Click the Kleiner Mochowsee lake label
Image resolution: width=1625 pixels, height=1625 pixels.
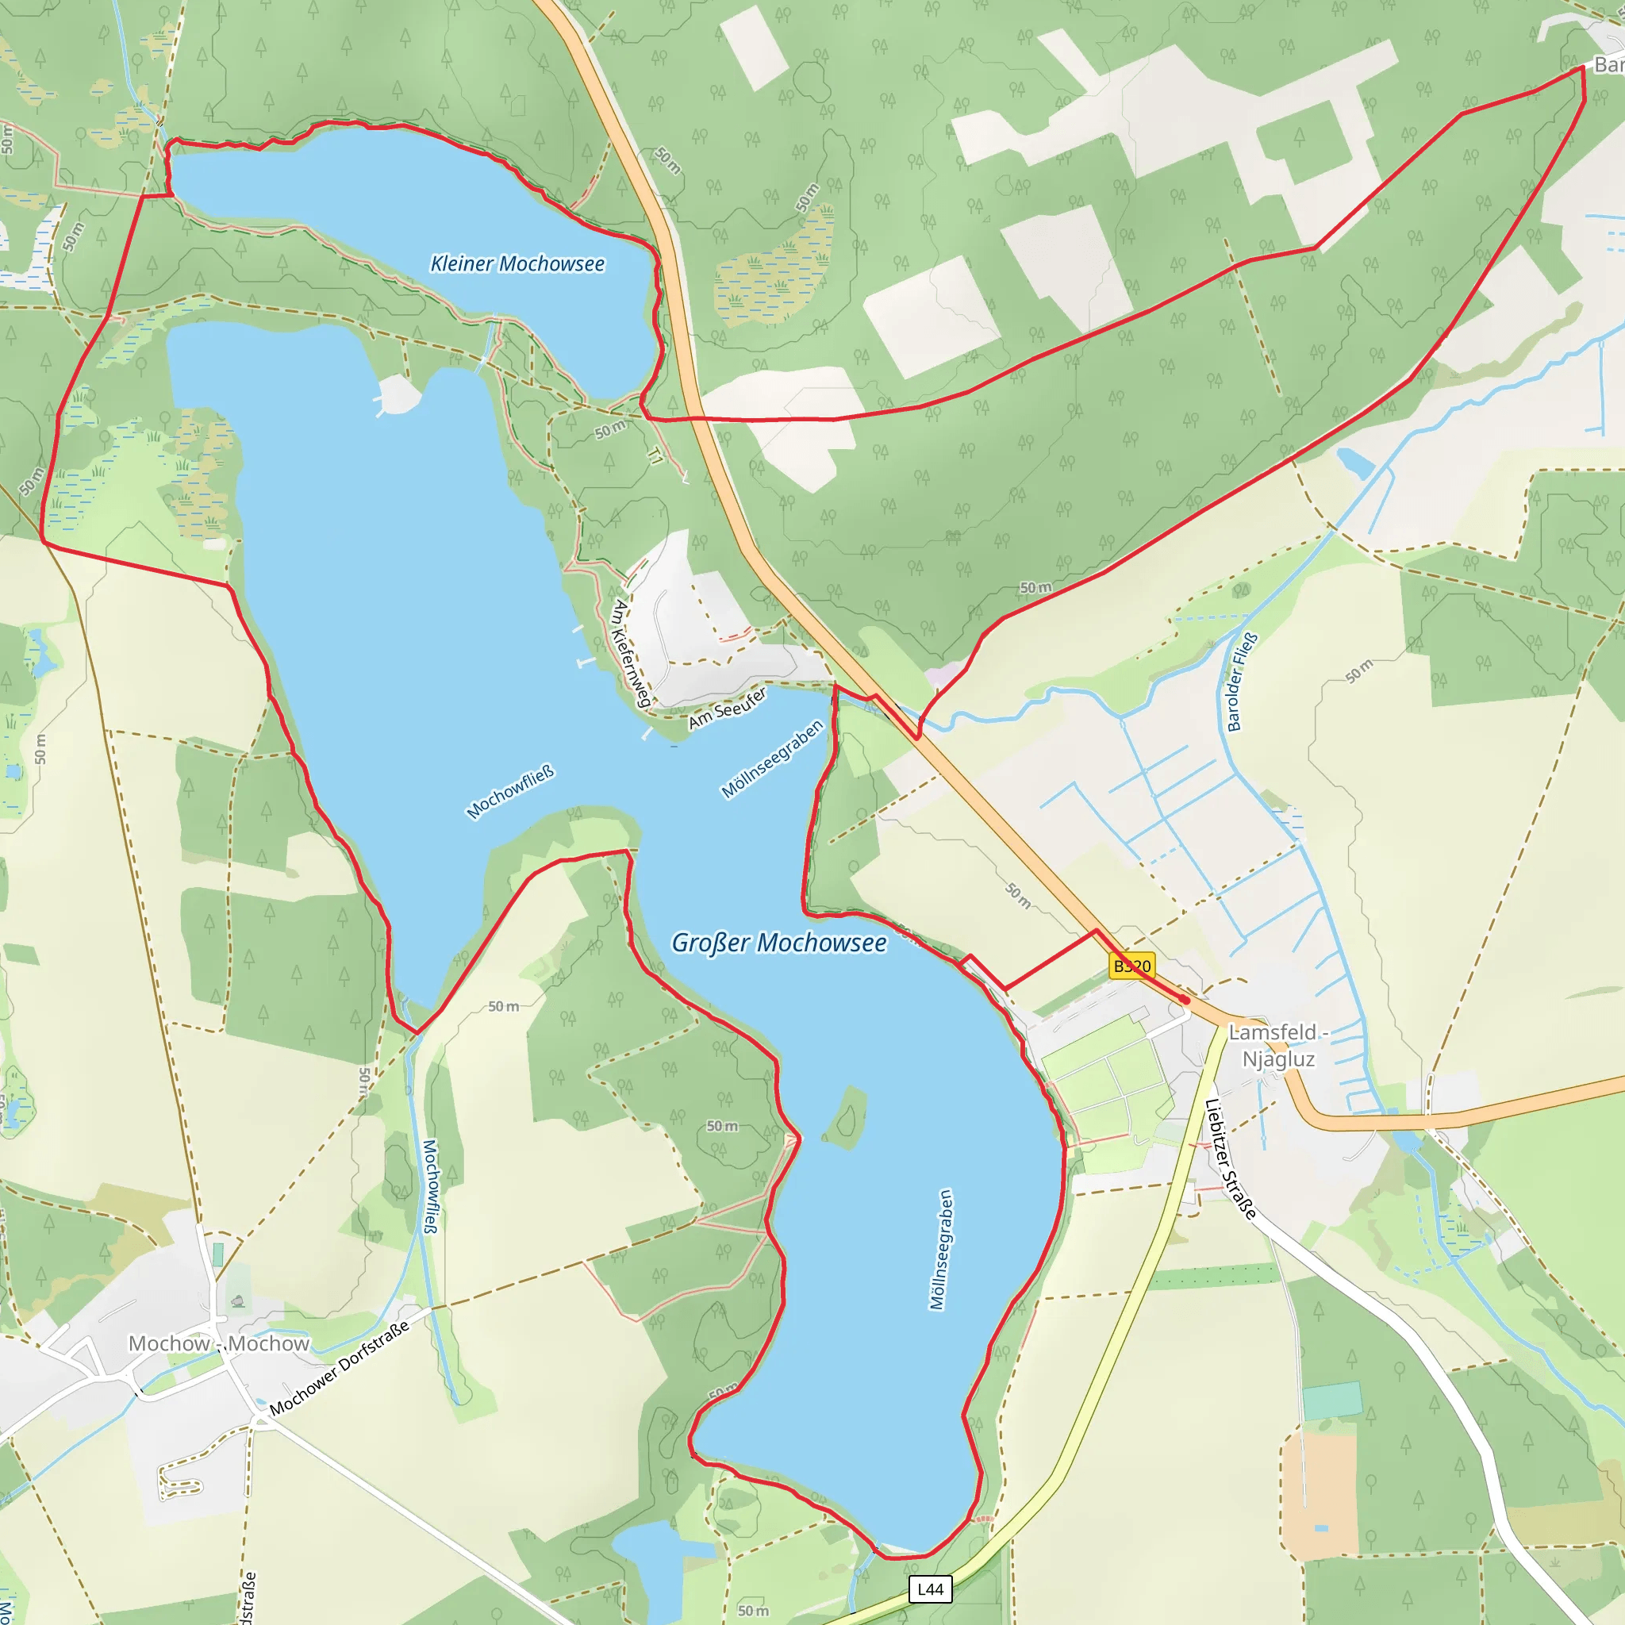pos(517,264)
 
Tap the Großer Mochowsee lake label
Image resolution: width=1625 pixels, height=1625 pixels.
pos(778,943)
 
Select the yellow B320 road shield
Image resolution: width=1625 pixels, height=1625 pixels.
pos(1131,966)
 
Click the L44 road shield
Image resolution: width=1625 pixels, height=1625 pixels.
pos(930,1589)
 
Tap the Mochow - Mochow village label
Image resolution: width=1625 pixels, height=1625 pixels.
pos(219,1343)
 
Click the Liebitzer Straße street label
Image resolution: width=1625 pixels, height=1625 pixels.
pos(1231,1159)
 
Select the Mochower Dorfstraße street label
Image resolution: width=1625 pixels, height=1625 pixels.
pos(340,1368)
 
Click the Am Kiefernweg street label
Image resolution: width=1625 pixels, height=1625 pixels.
pos(632,653)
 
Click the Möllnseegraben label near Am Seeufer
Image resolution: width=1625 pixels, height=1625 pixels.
pos(772,759)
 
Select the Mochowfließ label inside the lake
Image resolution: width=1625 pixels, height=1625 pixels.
pos(510,791)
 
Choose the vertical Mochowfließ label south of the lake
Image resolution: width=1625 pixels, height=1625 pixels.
pos(430,1186)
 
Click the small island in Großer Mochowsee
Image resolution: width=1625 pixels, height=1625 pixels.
pos(846,1118)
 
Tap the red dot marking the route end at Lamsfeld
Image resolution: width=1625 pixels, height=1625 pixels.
pos(1185,1000)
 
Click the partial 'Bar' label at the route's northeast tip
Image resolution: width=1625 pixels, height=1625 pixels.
pos(1608,65)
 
